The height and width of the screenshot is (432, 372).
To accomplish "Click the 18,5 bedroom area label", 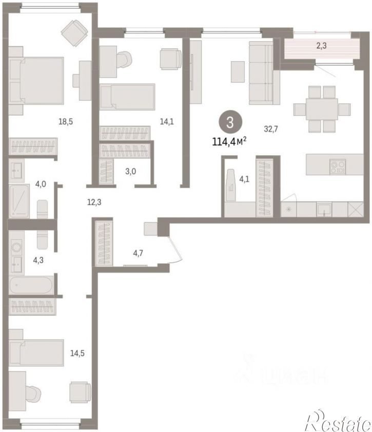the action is [x=66, y=121].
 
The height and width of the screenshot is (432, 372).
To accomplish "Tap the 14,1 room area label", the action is [x=167, y=121].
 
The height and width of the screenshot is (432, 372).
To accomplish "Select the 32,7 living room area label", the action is [x=271, y=129].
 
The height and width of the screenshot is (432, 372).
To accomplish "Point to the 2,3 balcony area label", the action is [x=321, y=45].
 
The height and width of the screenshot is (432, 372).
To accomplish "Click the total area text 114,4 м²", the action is [x=229, y=141].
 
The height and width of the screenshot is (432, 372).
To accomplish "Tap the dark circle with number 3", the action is [x=230, y=122].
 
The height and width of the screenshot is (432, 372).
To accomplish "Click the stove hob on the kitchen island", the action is [x=338, y=167].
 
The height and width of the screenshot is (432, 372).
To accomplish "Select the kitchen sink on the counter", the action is [x=324, y=210].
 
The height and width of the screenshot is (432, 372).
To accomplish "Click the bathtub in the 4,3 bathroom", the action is [x=31, y=285].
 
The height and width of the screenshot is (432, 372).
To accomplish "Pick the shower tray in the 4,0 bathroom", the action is [x=19, y=201].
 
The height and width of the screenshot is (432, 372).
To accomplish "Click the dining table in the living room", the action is [x=322, y=109].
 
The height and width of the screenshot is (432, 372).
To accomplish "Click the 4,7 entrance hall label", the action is [x=138, y=253].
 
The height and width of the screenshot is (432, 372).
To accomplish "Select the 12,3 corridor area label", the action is [x=94, y=203].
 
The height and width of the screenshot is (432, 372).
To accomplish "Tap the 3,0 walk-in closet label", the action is [x=131, y=171].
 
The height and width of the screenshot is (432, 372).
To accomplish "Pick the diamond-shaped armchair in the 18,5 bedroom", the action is [x=74, y=33].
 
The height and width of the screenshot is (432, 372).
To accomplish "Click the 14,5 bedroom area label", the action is [x=77, y=353].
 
